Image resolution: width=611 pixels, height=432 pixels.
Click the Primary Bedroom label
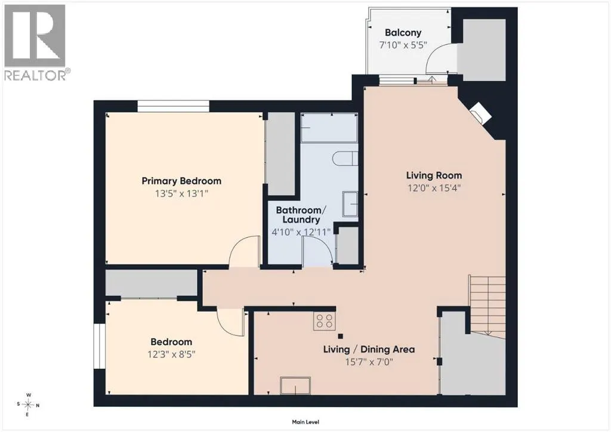pyautogui.click(x=181, y=181)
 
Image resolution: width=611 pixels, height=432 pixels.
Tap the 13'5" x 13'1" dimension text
pyautogui.click(x=181, y=193)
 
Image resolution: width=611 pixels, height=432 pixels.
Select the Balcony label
pyautogui.click(x=403, y=33)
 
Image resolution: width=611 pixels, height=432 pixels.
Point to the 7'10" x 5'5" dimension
pyautogui.click(x=403, y=45)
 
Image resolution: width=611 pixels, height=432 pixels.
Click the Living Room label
pyautogui.click(x=434, y=175)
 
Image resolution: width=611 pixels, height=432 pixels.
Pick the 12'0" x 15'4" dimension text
pyautogui.click(x=434, y=188)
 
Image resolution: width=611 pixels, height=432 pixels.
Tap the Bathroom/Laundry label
pyautogui.click(x=301, y=215)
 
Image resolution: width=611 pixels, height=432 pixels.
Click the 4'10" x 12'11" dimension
pyautogui.click(x=301, y=232)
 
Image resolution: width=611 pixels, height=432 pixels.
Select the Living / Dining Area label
pyautogui.click(x=369, y=350)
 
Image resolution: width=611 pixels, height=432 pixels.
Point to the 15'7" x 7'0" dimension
pyautogui.click(x=369, y=362)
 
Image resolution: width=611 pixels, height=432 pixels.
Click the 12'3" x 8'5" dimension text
pyautogui.click(x=171, y=354)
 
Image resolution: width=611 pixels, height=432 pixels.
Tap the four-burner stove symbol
pyautogui.click(x=325, y=322)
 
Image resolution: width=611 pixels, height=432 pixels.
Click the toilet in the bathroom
pyautogui.click(x=345, y=159)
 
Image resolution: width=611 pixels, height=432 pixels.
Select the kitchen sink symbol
pyautogui.click(x=295, y=385)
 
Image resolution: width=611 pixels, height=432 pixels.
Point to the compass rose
pyautogui.click(x=29, y=405)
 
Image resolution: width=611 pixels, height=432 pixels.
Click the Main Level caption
pyautogui.click(x=305, y=422)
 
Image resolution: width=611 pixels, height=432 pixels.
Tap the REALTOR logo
pyautogui.click(x=35, y=42)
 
